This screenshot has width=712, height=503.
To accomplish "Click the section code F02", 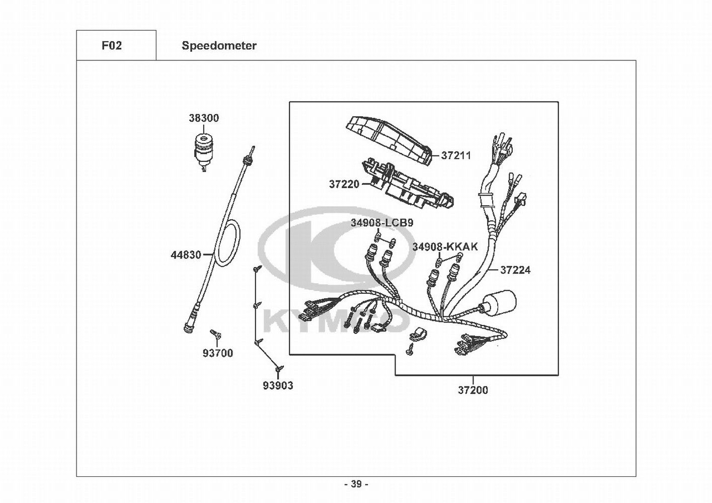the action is (112, 46).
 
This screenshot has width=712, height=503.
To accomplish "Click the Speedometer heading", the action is (219, 46).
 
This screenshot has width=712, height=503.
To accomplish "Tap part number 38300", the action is (204, 118).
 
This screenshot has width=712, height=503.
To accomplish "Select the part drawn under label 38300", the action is (204, 152).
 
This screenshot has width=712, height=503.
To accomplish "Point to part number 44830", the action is (186, 255).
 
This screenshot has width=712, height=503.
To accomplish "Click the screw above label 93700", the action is (216, 333).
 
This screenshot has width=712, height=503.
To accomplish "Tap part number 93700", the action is (218, 353).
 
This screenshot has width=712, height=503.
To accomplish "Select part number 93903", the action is (278, 385).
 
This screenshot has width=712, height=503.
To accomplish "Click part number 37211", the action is (456, 155).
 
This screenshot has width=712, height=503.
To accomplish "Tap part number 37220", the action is (344, 184).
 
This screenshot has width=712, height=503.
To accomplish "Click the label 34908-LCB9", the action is (382, 223).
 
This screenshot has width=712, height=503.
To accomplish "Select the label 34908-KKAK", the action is (445, 246).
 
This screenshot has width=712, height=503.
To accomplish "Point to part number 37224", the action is (515, 270).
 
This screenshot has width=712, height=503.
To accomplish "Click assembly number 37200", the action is (472, 390).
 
